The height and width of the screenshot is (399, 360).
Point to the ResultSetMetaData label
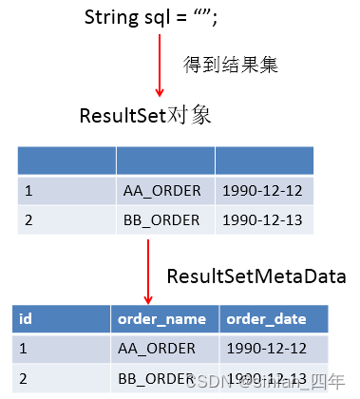(x=256, y=276)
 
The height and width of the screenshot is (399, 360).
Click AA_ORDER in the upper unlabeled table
(x=161, y=191)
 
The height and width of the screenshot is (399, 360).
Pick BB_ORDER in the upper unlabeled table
(x=161, y=220)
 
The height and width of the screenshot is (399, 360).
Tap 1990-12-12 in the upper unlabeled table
(x=261, y=191)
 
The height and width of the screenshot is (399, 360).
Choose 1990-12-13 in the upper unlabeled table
(x=261, y=220)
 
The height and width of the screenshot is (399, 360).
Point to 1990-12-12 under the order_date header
(x=265, y=348)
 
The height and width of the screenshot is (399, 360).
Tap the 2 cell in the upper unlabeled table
(x=28, y=220)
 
